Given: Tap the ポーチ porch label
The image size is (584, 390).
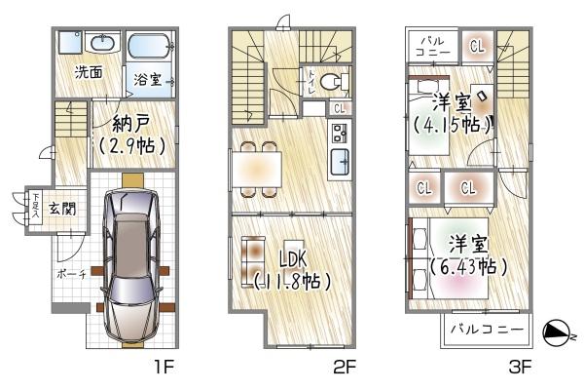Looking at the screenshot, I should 70,275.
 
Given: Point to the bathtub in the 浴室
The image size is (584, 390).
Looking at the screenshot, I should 149,46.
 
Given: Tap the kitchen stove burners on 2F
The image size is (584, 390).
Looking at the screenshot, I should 340,132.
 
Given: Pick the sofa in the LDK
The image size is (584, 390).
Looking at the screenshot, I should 250,261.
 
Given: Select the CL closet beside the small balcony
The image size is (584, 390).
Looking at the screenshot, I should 478,45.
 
